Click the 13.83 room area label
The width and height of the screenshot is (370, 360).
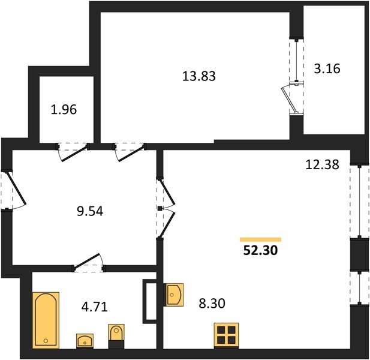pyautogui.click(x=199, y=76)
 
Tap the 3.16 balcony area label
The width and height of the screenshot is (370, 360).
pyautogui.click(x=327, y=68)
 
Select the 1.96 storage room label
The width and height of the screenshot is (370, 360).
pyautogui.click(x=64, y=110)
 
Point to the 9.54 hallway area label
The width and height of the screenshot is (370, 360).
pyautogui.click(x=90, y=211)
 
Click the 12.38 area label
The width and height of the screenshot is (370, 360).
pyautogui.click(x=322, y=164)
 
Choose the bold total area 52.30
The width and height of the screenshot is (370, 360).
pyautogui.click(x=260, y=250)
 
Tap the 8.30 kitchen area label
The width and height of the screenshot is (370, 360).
pyautogui.click(x=212, y=304)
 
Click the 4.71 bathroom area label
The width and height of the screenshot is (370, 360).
pyautogui.click(x=94, y=307)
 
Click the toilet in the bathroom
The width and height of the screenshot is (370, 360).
pyautogui.click(x=116, y=336)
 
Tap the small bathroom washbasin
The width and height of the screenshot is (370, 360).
pyautogui.click(x=85, y=341)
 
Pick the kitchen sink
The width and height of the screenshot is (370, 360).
pyautogui.click(x=174, y=295)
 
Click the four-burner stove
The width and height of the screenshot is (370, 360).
pyautogui.click(x=226, y=335)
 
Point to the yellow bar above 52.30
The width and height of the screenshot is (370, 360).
pyautogui.click(x=260, y=239)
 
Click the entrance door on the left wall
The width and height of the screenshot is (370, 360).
pyautogui.click(x=14, y=189)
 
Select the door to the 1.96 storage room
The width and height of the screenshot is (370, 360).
pyautogui.click(x=73, y=151)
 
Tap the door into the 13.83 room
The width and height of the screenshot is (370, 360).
pyautogui.click(x=130, y=151)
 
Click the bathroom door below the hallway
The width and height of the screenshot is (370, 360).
pyautogui.click(x=89, y=263)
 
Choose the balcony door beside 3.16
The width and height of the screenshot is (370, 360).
pyautogui.click(x=293, y=98)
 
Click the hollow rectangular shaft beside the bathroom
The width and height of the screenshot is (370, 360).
pyautogui.click(x=149, y=301)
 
